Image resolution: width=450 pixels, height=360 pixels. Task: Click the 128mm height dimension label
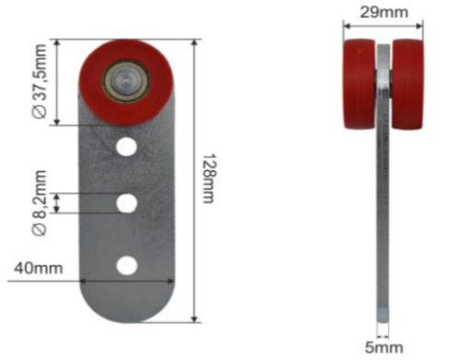(209, 179)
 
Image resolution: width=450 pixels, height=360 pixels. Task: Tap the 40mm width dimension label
(39, 268)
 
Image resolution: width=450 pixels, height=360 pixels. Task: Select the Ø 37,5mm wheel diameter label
(40, 81)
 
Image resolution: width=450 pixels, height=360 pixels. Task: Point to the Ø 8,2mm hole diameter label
(40, 203)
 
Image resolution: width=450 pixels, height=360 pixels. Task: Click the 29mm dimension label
(384, 13)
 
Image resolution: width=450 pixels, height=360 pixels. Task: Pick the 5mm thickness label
(384, 347)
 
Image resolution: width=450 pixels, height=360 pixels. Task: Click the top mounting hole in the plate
(126, 146)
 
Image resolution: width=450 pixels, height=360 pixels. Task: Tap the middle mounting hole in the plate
(126, 203)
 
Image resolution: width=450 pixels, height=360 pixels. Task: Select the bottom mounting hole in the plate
(127, 265)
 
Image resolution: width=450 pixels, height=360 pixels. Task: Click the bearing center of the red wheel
(126, 81)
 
